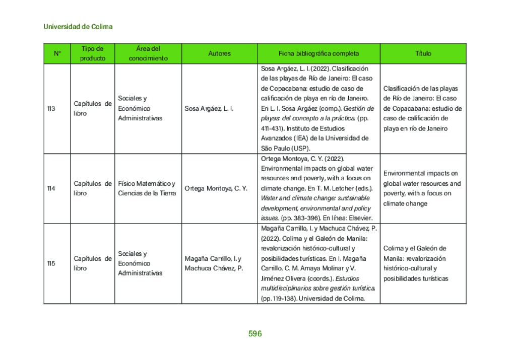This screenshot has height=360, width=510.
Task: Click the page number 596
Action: (255, 334)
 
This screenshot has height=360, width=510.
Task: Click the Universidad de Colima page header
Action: (78, 27)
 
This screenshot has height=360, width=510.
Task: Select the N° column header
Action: (57, 53)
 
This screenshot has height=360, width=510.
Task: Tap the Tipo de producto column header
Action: (92, 53)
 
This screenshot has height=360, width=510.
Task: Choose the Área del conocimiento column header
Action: (148, 53)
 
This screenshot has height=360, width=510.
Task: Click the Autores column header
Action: (219, 53)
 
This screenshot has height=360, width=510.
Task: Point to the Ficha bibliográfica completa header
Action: (318, 53)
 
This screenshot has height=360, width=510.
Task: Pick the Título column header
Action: (423, 53)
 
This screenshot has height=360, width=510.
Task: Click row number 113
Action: (51, 108)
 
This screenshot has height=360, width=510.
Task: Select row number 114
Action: (51, 188)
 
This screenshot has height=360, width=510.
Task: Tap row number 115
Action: (51, 263)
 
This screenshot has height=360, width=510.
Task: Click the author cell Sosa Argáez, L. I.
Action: (209, 108)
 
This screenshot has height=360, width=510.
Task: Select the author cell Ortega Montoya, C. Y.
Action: (216, 188)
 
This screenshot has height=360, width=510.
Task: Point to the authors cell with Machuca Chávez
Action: (214, 263)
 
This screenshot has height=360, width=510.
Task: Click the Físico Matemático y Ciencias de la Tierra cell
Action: (147, 188)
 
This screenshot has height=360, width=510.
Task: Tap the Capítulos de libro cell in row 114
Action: (92, 188)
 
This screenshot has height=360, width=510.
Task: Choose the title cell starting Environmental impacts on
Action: (422, 188)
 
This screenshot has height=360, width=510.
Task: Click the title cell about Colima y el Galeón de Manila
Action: (415, 263)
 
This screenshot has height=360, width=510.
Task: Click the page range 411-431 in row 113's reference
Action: (271, 128)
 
